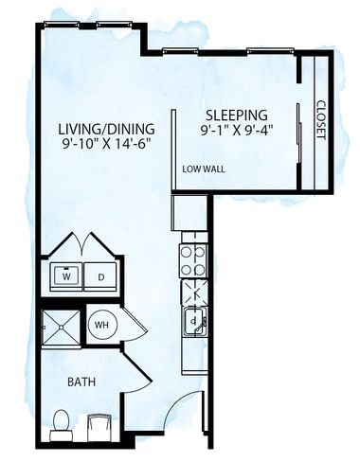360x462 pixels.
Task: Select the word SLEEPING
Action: pyautogui.click(x=232, y=112)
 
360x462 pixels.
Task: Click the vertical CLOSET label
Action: pyautogui.click(x=320, y=119)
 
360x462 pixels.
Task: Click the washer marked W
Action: pyautogui.click(x=66, y=277)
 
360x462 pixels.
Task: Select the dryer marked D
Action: pyautogui.click(x=101, y=277)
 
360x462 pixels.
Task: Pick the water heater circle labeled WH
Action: pyautogui.click(x=101, y=326)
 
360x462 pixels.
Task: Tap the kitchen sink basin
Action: pyautogui.click(x=194, y=320)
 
